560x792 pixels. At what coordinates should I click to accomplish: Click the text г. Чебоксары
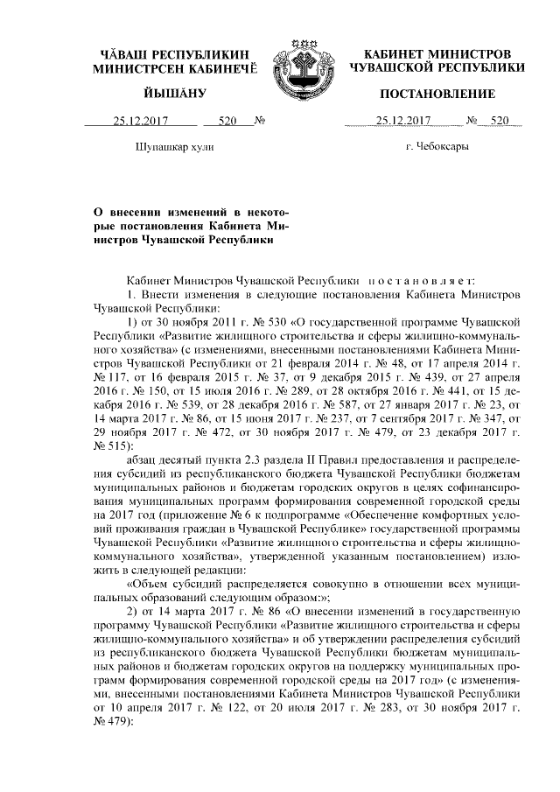[x=437, y=146]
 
